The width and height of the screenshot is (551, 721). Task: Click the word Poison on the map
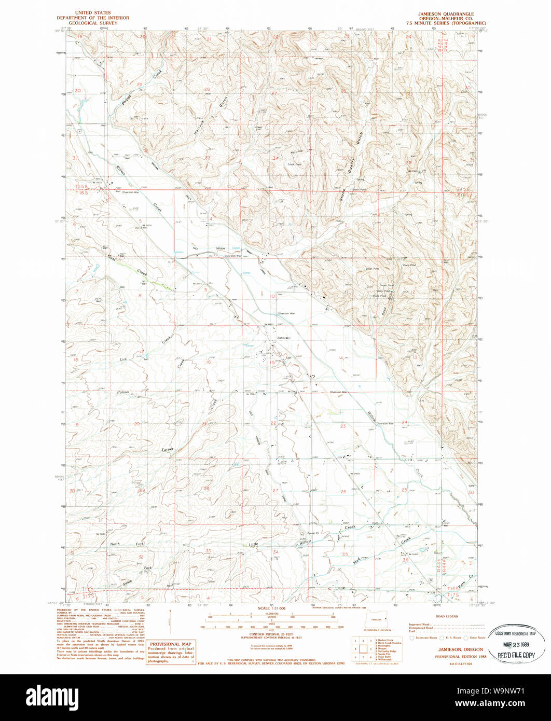(123, 392)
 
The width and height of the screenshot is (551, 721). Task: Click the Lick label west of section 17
(123, 359)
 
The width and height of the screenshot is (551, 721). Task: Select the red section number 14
(341, 358)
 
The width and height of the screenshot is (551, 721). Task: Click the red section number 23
(342, 426)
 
